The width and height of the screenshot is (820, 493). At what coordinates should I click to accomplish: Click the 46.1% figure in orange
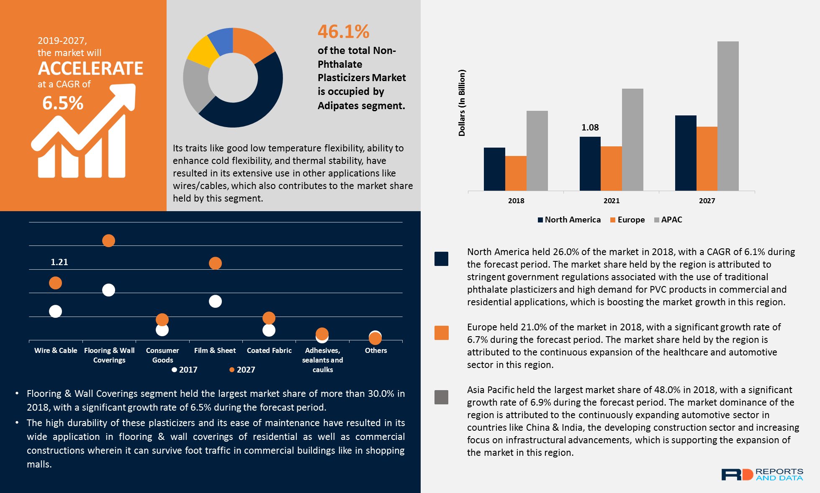[x=343, y=31]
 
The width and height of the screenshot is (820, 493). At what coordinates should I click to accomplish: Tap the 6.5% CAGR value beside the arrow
[x=63, y=103]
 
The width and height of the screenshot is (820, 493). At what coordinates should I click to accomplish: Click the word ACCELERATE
[x=90, y=68]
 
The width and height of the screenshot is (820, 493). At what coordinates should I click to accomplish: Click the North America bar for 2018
[x=494, y=169]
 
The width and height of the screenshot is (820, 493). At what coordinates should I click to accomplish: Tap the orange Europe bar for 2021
[x=611, y=168]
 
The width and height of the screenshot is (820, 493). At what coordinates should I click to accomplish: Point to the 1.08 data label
[x=590, y=128]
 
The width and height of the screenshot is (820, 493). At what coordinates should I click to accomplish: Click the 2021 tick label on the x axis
[x=611, y=201]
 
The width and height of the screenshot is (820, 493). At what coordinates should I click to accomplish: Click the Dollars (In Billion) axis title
[x=462, y=103]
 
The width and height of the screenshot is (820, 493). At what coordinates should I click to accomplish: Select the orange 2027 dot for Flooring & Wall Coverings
[x=108, y=240]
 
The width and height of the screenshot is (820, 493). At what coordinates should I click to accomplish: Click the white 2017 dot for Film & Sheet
[x=215, y=301]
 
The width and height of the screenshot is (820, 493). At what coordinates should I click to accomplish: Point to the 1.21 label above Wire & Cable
[x=59, y=262]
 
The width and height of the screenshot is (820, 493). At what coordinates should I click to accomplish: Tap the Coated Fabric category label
[x=269, y=350]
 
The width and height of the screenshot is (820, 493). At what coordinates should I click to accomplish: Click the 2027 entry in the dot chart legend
[x=242, y=370]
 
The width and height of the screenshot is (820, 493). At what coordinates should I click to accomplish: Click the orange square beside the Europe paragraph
[x=441, y=333]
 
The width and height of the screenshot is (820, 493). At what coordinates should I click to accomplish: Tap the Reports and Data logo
[x=762, y=475]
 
